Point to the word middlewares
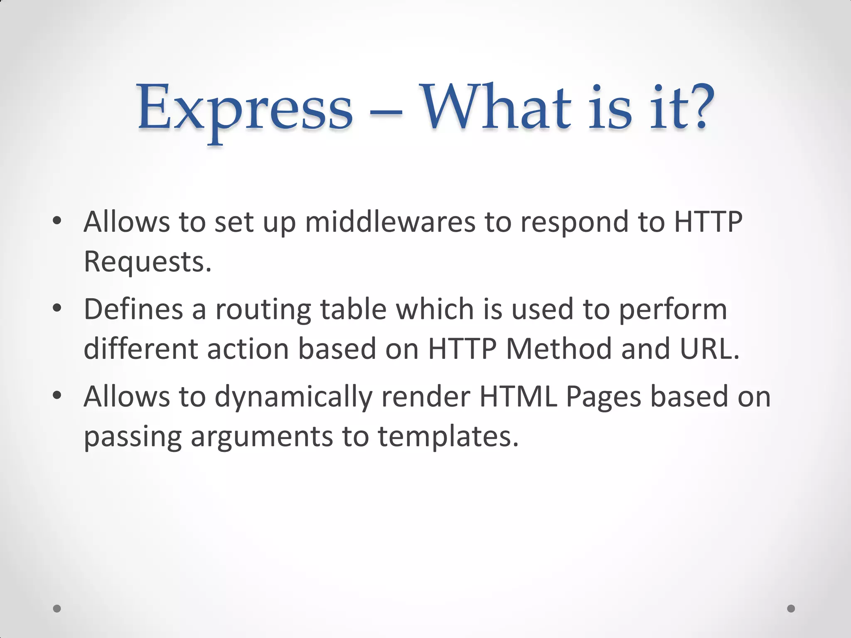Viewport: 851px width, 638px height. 390,222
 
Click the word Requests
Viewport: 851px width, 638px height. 148,262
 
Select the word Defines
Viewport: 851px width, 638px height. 133,309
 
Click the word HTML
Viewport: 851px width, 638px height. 518,396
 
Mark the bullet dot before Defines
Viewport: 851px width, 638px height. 57,308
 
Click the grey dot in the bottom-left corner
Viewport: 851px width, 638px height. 57,609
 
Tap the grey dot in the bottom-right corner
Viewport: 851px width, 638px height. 791,609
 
